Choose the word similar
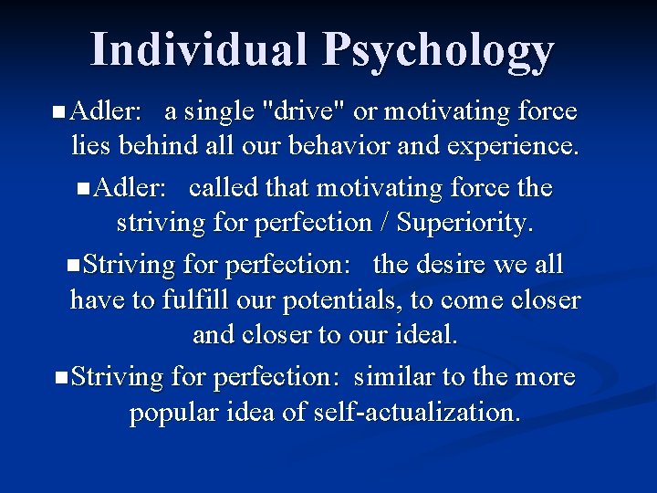pyautogui.click(x=396, y=376)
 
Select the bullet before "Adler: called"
pyautogui.click(x=84, y=189)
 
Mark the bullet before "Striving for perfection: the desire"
pyautogui.click(x=74, y=266)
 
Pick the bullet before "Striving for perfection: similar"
pyautogui.click(x=60, y=377)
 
